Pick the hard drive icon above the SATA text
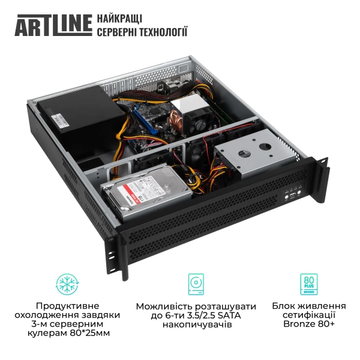[x=196, y=283]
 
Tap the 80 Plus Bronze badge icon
[x=308, y=283]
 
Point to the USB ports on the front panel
[x=292, y=196]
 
